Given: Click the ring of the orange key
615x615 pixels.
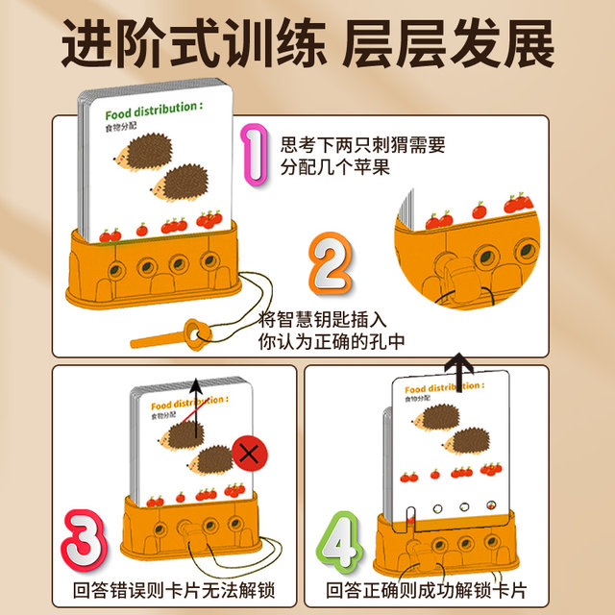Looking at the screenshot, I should (197, 332).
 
